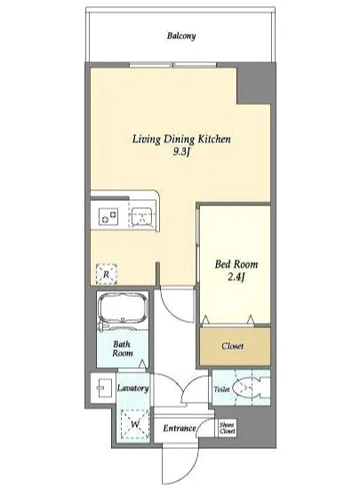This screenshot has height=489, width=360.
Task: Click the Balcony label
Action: [181, 36]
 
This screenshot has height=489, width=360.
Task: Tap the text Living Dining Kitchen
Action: [181, 139]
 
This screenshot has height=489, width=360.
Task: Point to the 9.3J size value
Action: [181, 152]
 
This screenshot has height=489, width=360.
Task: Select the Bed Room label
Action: [236, 264]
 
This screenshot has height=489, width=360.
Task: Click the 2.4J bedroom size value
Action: [236, 277]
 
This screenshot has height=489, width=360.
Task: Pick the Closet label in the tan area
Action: [233, 346]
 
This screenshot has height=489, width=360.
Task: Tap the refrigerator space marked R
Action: [107, 274]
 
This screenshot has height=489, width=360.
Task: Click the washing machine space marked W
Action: [135, 424]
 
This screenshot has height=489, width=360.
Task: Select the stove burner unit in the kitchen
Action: [108, 216]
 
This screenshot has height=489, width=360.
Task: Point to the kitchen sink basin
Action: [143, 215]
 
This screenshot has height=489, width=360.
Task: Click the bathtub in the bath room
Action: [123, 309]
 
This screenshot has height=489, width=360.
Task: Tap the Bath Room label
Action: [122, 349]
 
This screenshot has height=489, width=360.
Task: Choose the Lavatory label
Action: [132, 389]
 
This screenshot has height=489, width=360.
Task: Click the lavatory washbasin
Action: [103, 388]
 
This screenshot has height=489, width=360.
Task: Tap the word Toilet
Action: [221, 389]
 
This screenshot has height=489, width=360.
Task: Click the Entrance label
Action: [180, 429]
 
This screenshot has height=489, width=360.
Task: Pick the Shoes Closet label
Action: [228, 428]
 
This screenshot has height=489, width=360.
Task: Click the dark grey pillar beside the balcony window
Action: [253, 84]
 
